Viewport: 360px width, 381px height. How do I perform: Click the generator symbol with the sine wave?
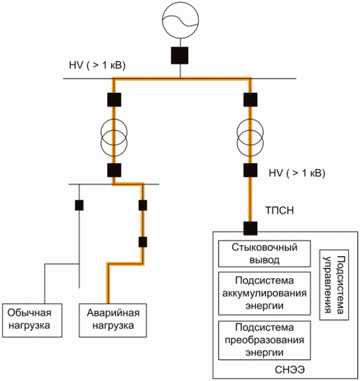pyautogui.click(x=181, y=20)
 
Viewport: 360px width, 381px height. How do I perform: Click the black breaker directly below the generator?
pyautogui.click(x=179, y=55)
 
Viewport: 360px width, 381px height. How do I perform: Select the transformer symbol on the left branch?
pyautogui.click(x=114, y=139)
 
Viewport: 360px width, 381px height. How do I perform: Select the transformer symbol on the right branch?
pyautogui.click(x=250, y=139)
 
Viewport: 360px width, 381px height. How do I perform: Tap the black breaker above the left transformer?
pyautogui.click(x=114, y=100)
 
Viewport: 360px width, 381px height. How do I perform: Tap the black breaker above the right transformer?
pyautogui.click(x=250, y=100)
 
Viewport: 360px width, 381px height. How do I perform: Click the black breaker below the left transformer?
pyautogui.click(x=114, y=170)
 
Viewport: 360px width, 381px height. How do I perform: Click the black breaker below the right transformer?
pyautogui.click(x=250, y=170)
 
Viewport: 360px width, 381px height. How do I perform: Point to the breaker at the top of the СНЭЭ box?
pyautogui.click(x=250, y=228)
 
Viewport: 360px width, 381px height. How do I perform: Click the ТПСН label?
pyautogui.click(x=279, y=210)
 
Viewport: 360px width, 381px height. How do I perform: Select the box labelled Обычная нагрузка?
pyautogui.click(x=32, y=320)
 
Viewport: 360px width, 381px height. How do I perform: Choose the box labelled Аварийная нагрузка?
pyautogui.click(x=113, y=320)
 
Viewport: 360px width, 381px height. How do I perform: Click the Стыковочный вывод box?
pyautogui.click(x=265, y=254)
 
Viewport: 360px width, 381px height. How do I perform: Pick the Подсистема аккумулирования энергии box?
pyautogui.click(x=265, y=293)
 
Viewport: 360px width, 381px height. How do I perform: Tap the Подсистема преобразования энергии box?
pyautogui.click(x=265, y=340)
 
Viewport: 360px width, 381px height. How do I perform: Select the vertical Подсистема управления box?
pyautogui.click(x=334, y=285)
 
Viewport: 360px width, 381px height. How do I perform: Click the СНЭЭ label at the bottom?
pyautogui.click(x=290, y=370)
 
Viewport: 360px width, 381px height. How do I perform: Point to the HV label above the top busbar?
pyautogui.click(x=97, y=65)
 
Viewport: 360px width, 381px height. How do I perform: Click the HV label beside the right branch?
pyautogui.click(x=297, y=173)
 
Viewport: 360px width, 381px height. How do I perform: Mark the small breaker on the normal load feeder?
pyautogui.click(x=79, y=205)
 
